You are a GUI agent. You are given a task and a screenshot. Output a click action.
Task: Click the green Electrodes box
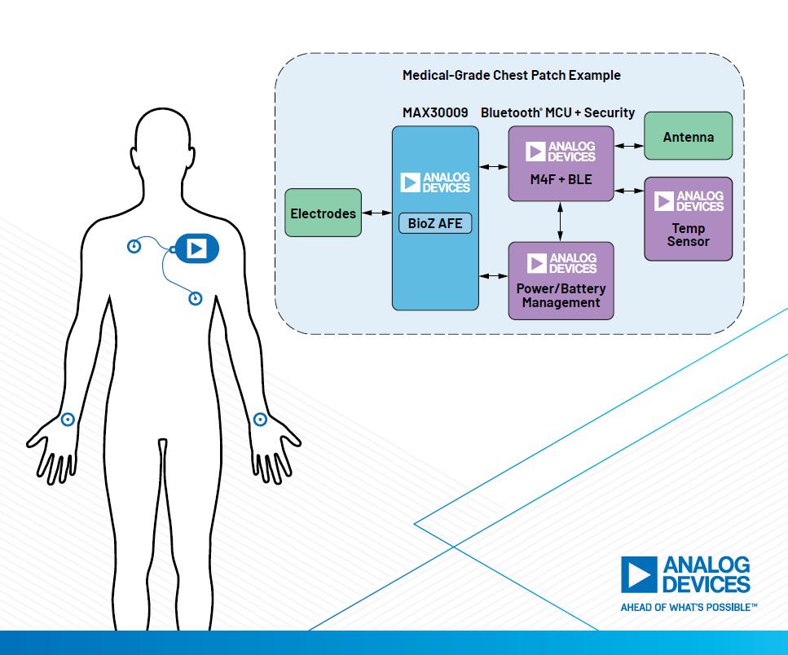(324, 213)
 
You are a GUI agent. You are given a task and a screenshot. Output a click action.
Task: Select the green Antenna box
(688, 137)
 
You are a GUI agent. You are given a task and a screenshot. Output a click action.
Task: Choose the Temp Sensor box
(688, 218)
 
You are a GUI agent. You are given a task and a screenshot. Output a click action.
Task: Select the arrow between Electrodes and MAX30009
(376, 213)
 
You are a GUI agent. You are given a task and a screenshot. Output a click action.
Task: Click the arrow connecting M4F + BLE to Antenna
(628, 146)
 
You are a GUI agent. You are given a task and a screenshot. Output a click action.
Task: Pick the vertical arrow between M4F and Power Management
(561, 221)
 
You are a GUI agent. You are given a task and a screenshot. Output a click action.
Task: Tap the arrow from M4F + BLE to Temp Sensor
(628, 191)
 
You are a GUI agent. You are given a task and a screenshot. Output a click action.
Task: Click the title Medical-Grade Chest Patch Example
(511, 75)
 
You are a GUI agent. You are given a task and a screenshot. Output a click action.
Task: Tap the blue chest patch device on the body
(196, 248)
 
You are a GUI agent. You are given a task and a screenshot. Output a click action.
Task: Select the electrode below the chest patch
(196, 299)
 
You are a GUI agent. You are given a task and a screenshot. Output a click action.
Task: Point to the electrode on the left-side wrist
(68, 420)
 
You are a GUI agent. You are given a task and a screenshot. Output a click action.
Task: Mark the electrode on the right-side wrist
(260, 420)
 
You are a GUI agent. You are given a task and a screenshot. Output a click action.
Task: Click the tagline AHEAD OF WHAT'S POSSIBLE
(689, 607)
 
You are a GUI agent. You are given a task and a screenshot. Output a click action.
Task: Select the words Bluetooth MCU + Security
(557, 112)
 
